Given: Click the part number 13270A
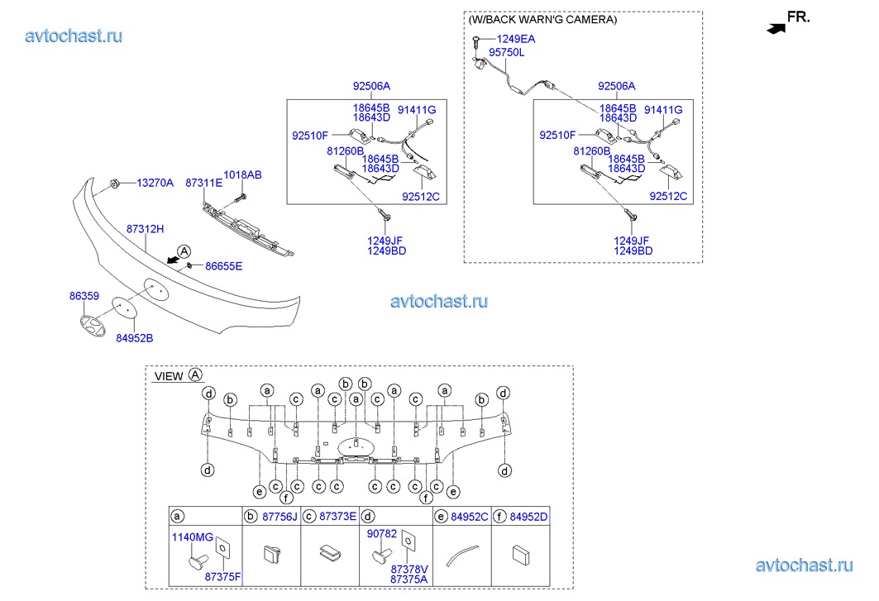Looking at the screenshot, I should click(155, 183).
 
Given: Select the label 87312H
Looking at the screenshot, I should click(145, 228).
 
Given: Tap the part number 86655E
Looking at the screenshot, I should click(223, 266).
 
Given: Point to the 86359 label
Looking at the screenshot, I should click(84, 294).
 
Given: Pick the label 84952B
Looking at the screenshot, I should click(134, 337).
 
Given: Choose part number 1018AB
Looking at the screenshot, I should click(242, 175).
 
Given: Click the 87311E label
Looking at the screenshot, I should click(203, 183).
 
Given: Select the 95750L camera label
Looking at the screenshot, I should click(507, 52).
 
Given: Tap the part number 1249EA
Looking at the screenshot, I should click(515, 38).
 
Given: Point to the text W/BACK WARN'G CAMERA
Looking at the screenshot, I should click(542, 19).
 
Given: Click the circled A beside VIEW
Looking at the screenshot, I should click(195, 374).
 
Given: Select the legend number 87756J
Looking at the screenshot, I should click(279, 517).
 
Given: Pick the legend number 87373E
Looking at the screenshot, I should click(338, 517).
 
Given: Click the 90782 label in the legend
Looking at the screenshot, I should click(383, 534).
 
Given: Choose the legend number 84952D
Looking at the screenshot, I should click(528, 517).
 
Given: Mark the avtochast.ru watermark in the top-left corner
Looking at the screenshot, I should click(74, 36).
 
